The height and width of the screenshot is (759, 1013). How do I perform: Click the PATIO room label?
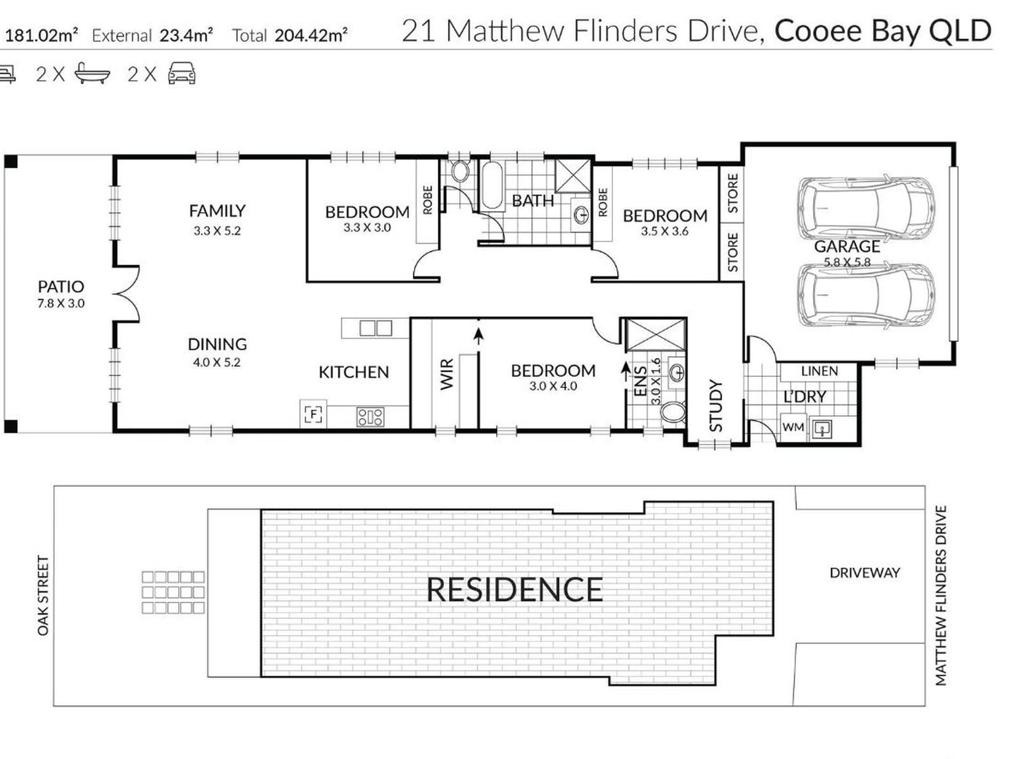point(61,287)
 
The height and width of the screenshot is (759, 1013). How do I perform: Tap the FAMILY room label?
point(217,211)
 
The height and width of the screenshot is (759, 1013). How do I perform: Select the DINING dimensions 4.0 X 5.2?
point(216,362)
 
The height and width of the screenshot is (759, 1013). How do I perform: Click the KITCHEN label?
point(353,372)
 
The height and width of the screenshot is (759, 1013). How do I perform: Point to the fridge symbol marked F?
point(313,414)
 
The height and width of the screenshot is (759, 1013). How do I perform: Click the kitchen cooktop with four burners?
point(370,417)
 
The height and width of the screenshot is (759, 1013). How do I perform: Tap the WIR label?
point(447,374)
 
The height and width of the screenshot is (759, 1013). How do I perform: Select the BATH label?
point(533,201)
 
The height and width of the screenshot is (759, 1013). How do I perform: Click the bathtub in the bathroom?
point(492,186)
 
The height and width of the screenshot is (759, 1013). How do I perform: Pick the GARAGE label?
point(847,247)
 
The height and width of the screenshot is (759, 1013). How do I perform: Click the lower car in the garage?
point(866,296)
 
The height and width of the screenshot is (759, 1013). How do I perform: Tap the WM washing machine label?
point(793,427)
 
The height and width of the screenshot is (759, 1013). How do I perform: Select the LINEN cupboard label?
point(819,371)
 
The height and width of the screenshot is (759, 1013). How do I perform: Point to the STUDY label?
point(715,405)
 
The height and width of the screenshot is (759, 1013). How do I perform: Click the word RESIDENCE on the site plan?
point(514,590)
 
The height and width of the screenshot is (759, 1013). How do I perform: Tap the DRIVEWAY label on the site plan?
point(865,573)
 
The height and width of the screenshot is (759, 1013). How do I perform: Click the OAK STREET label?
point(43,596)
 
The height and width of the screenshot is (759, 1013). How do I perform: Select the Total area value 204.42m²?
point(311,35)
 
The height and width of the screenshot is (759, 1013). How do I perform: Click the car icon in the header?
point(182,74)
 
